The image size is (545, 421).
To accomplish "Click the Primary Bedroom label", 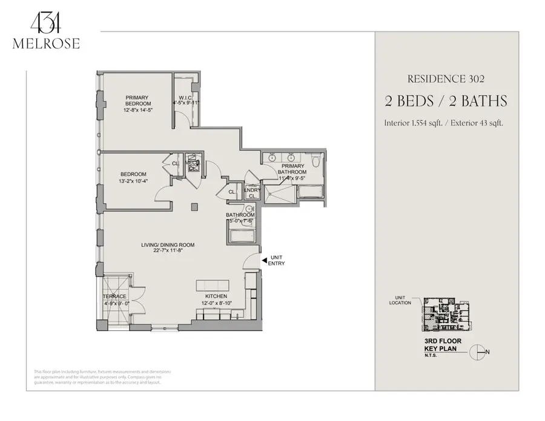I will [x=138, y=103].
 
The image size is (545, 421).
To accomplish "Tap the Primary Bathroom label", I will [x=292, y=174].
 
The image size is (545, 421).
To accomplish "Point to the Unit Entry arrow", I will [x=263, y=260].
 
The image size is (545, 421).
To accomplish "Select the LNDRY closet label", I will [x=252, y=193].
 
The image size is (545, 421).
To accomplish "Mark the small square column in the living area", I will [x=194, y=207].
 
